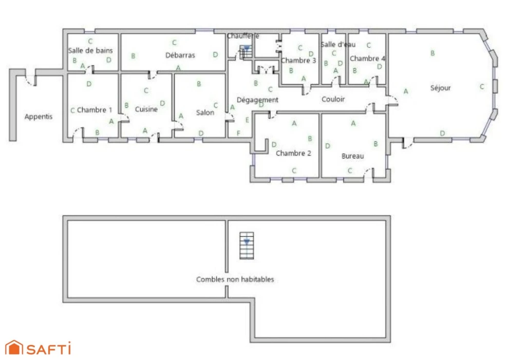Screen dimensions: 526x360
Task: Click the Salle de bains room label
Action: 90,51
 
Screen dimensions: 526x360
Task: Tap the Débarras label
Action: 180,55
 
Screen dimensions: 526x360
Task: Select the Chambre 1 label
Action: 95,110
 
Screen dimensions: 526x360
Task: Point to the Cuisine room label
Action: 146,109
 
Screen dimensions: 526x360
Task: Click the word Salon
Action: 205,113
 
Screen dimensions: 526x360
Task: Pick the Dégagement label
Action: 257,100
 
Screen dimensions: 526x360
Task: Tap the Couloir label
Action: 333,99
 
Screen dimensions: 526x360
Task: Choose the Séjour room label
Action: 440,88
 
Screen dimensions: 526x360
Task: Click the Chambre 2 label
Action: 293,154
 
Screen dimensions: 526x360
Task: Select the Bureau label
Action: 352,156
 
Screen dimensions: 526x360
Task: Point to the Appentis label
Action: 39,117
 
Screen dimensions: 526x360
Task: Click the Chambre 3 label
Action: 298,61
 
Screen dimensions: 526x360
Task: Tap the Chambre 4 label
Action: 368,59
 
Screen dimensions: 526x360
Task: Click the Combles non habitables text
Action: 235,279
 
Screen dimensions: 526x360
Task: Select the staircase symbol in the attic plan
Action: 247,245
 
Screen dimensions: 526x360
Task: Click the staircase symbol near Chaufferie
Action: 246,52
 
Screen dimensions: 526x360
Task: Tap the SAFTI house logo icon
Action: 14,348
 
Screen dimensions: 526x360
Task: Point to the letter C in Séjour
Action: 482,87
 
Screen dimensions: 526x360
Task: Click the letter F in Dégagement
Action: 238,133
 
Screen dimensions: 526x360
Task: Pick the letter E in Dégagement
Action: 247,120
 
